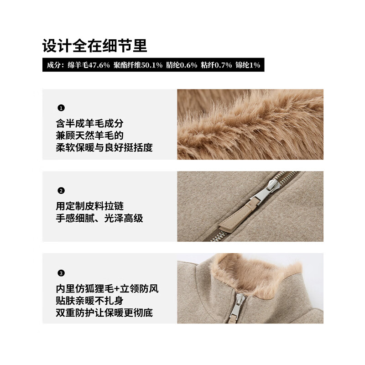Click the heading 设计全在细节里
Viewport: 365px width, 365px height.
coord(94,46)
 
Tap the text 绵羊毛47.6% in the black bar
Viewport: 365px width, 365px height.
coord(89,65)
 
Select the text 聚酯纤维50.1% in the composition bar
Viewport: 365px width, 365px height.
coord(139,65)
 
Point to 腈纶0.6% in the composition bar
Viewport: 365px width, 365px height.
coord(182,65)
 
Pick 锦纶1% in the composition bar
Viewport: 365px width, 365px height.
coord(248,65)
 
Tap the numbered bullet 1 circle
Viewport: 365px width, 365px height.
coord(61,108)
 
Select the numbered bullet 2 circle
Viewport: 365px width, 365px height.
coord(61,191)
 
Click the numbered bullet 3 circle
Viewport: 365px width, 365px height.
coord(61,273)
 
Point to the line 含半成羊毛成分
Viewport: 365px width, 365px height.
coord(89,124)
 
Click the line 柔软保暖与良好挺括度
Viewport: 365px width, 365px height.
coord(104,148)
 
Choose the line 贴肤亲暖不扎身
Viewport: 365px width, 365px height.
coord(89,301)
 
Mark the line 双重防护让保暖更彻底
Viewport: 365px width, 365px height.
coord(104,313)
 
